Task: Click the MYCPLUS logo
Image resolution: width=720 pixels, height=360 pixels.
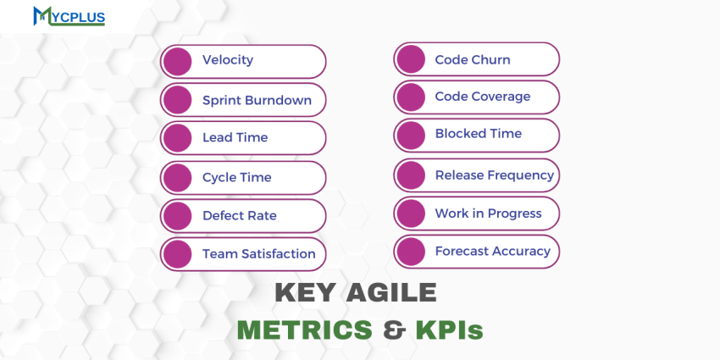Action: [69, 16]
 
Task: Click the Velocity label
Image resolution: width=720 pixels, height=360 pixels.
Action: [227, 60]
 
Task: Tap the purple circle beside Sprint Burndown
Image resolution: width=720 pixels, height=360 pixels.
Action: [178, 100]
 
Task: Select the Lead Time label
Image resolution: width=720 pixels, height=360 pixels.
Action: [235, 137]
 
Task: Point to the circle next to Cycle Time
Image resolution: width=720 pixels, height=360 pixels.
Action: [178, 178]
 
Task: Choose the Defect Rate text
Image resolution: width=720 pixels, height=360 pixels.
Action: [239, 215]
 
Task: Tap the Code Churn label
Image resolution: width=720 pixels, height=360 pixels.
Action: [472, 60]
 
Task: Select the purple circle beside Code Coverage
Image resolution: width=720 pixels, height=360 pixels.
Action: [411, 97]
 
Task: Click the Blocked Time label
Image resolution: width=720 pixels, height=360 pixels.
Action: [478, 134]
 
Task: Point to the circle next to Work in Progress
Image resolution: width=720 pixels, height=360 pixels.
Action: [411, 213]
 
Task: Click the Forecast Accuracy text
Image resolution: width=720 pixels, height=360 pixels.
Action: [492, 251]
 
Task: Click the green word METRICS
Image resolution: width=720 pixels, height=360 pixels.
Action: [304, 330]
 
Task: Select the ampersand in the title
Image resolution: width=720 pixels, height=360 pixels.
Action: [393, 330]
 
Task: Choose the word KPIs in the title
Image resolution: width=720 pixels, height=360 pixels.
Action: [449, 330]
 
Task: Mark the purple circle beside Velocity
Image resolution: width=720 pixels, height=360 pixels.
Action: [178, 61]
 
